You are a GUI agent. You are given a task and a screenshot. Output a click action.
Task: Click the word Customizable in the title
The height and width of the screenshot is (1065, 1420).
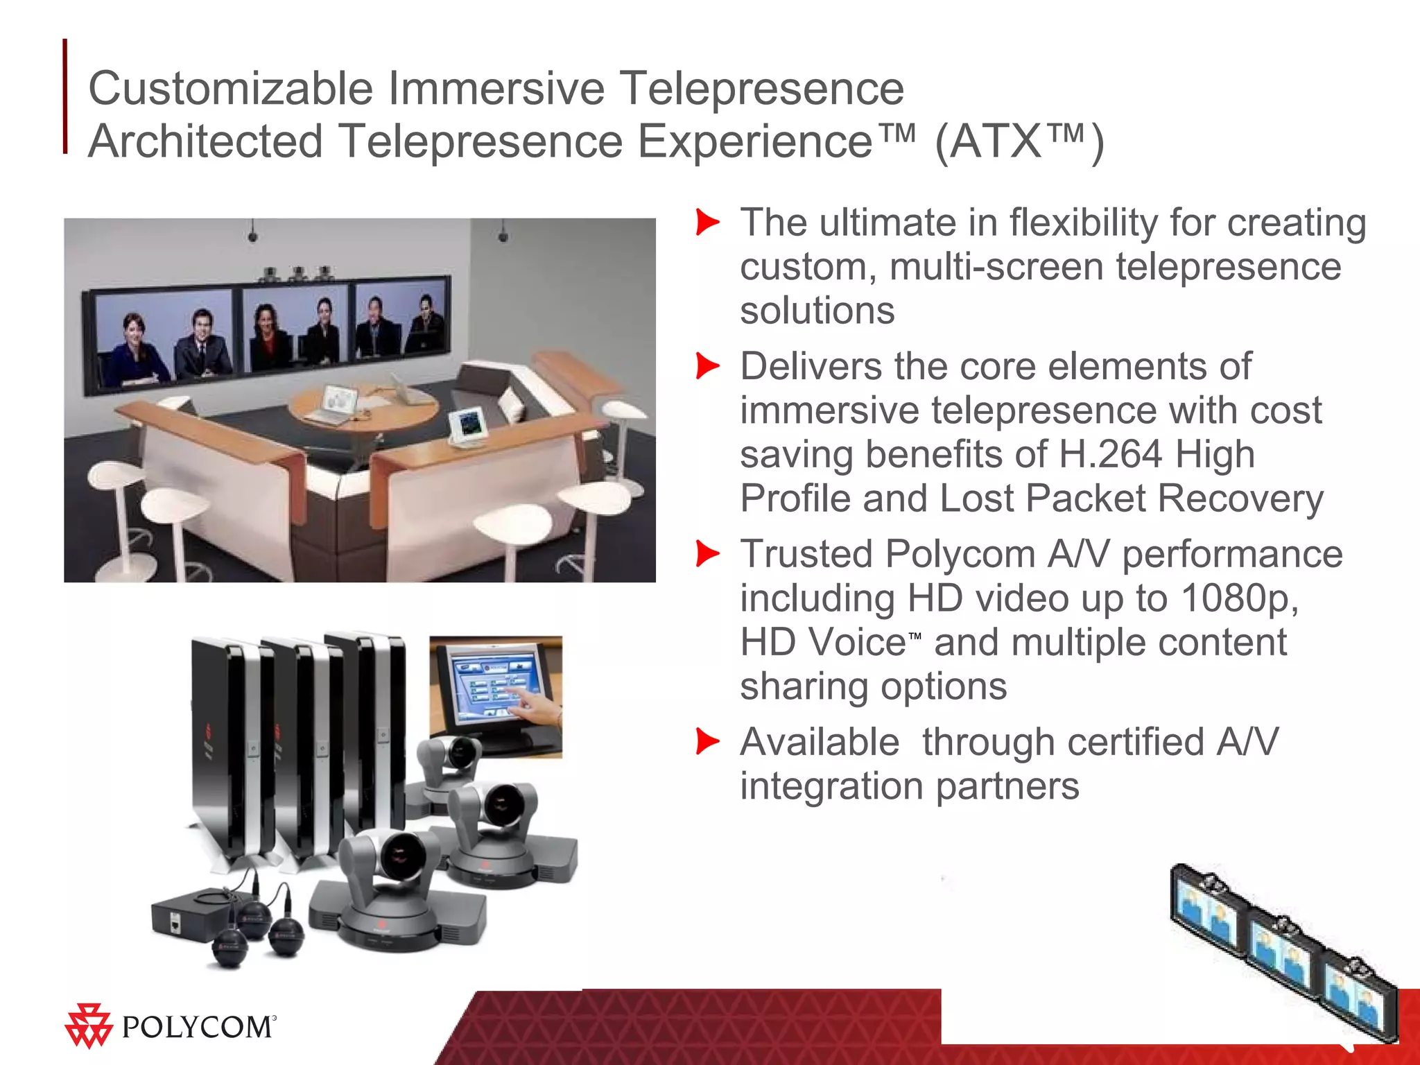[x=231, y=89]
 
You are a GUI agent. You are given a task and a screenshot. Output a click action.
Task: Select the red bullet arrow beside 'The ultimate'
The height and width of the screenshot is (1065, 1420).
[x=707, y=223]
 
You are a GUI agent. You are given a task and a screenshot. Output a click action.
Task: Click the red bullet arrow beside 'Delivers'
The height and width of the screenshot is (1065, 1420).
[x=707, y=366]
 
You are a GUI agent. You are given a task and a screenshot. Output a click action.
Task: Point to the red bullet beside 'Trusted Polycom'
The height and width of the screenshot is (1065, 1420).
[x=707, y=554]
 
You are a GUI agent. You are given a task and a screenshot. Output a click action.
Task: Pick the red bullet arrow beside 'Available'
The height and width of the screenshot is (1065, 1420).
[x=707, y=741]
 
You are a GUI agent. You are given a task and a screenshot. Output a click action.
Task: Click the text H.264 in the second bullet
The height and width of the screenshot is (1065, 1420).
[x=1110, y=455]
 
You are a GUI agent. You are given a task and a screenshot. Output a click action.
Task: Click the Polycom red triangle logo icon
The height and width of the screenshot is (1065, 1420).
[x=88, y=1025]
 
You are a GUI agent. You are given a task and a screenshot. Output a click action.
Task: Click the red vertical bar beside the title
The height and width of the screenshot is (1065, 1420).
[x=65, y=96]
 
